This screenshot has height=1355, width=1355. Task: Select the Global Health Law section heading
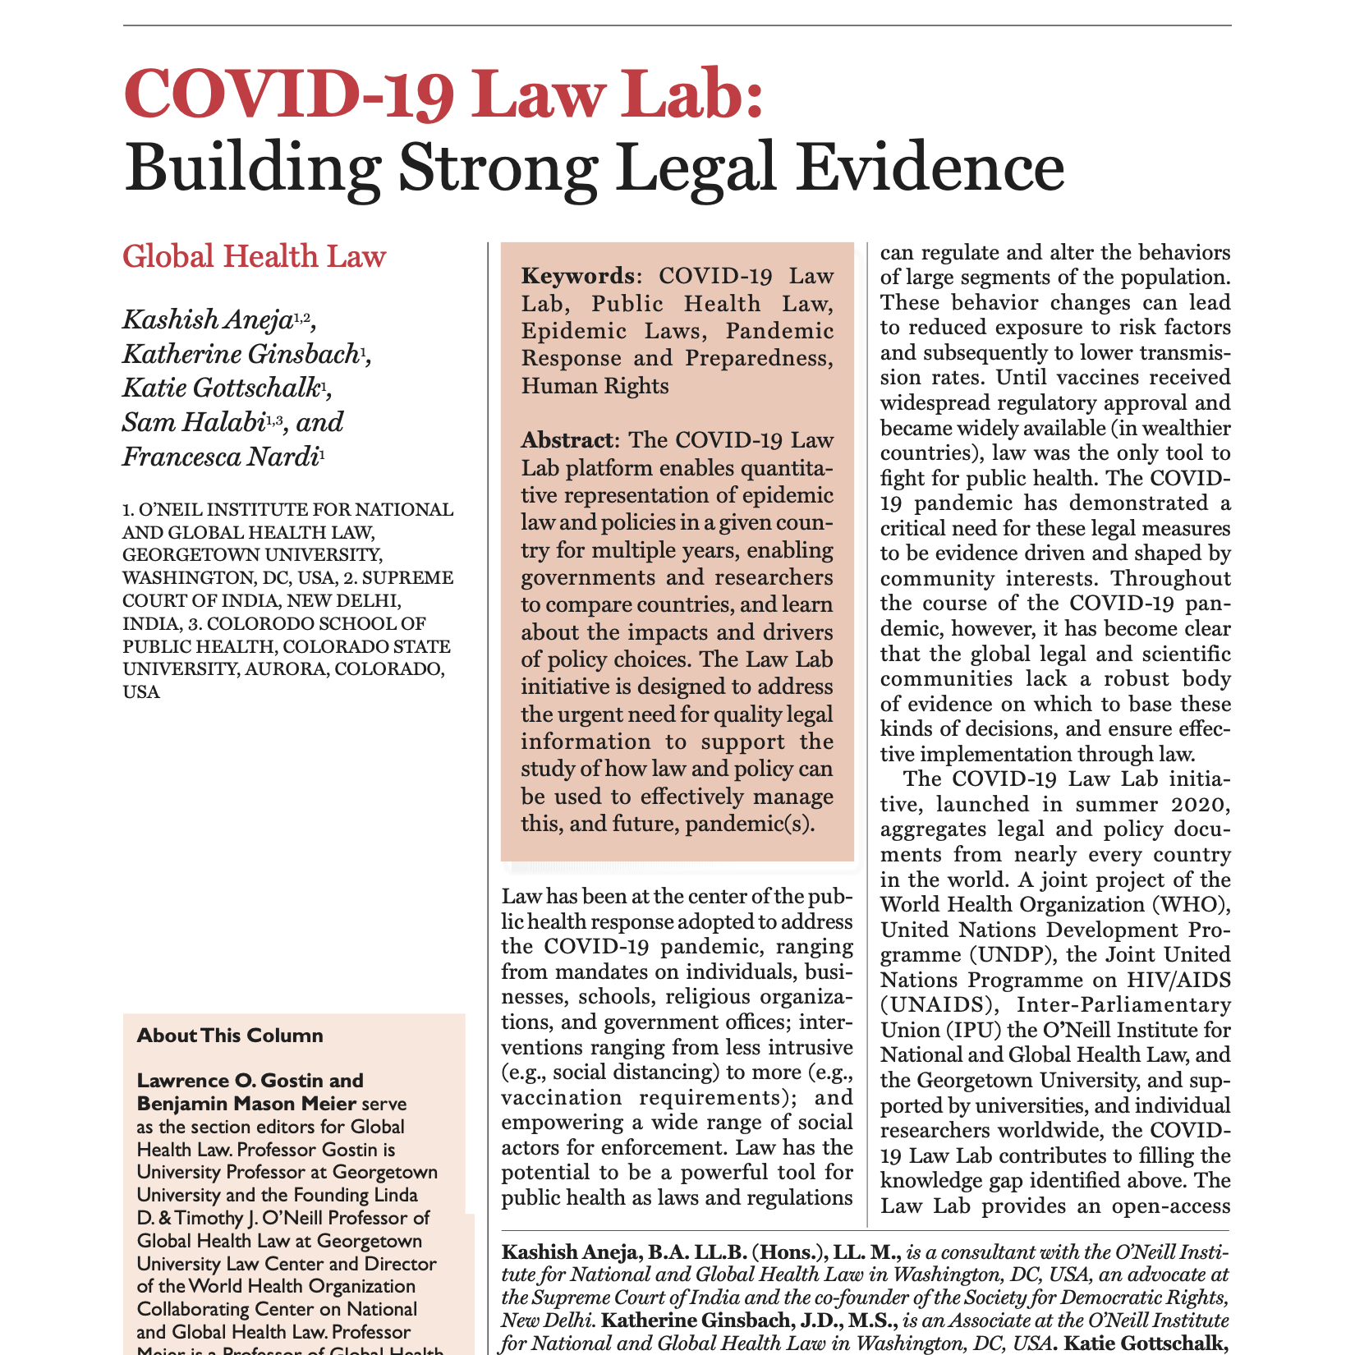click(x=254, y=257)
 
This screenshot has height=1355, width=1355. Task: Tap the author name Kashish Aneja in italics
click(x=206, y=319)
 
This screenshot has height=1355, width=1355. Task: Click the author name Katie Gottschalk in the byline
click(x=220, y=388)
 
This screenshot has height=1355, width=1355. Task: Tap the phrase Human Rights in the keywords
click(x=595, y=386)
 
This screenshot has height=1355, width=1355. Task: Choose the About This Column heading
click(x=230, y=1036)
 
